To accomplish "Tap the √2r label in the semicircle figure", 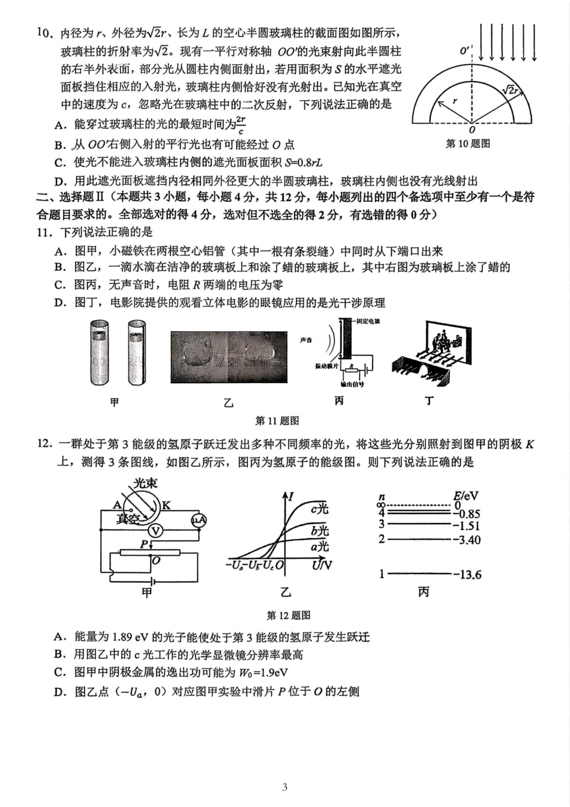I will click(x=509, y=90).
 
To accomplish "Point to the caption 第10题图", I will click(x=468, y=144).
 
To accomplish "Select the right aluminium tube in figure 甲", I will click(x=137, y=352).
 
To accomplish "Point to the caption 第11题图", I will click(x=277, y=421).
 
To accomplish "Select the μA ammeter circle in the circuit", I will click(x=199, y=520).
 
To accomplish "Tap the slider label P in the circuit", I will click(x=144, y=544).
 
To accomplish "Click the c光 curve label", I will click(x=320, y=509).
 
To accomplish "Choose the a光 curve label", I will click(x=320, y=546).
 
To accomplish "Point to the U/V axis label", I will click(x=322, y=565).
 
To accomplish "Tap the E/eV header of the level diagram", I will click(x=466, y=496).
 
